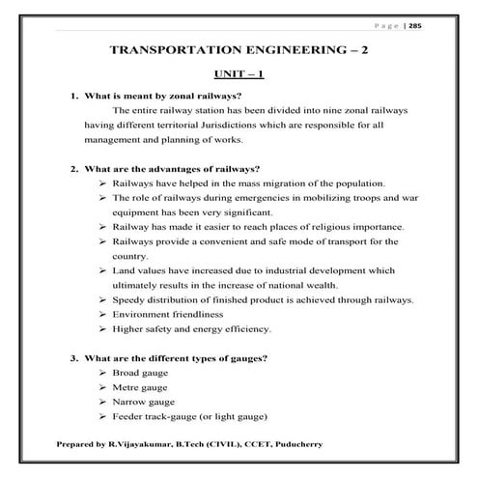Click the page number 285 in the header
point(443,26)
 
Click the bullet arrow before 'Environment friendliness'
point(103,315)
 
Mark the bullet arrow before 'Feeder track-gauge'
point(103,416)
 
